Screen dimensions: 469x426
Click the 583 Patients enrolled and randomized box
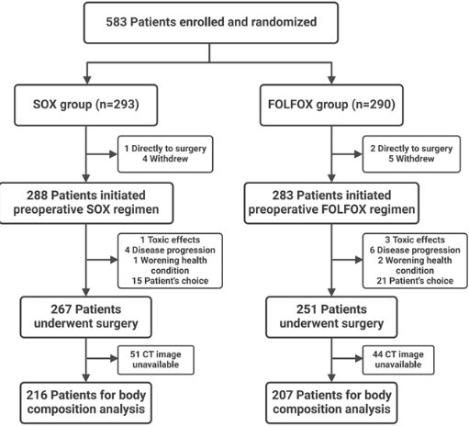click(x=211, y=23)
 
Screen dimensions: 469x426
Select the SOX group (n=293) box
click(x=86, y=105)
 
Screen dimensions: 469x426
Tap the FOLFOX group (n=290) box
click(x=331, y=105)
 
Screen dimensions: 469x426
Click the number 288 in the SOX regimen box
click(x=37, y=196)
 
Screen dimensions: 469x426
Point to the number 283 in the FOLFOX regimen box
click(x=283, y=196)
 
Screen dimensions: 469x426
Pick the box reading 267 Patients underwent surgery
click(x=86, y=317)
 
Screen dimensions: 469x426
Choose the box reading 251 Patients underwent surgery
click(x=331, y=317)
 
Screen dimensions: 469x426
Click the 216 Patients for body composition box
click(x=86, y=402)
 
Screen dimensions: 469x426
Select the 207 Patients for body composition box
click(x=331, y=402)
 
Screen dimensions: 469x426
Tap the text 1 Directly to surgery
click(x=165, y=149)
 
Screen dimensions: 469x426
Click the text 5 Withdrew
click(x=411, y=159)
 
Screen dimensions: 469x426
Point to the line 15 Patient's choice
click(x=170, y=281)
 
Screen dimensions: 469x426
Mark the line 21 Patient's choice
click(x=415, y=281)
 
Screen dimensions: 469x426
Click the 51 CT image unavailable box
click(x=156, y=360)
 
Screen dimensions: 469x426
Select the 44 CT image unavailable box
click(x=398, y=360)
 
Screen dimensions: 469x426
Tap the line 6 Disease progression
click(x=415, y=250)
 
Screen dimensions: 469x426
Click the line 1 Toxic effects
click(x=170, y=240)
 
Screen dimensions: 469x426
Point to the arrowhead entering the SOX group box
click(x=87, y=80)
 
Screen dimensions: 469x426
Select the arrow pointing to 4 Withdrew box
click(x=102, y=154)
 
